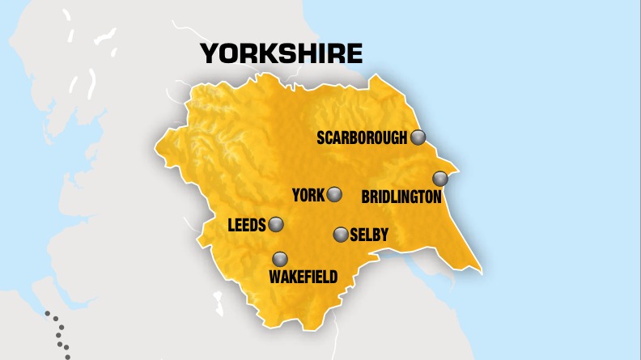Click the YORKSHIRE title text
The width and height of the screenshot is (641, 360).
[281, 53]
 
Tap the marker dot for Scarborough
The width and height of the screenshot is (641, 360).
[418, 137]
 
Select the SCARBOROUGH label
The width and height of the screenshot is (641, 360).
[362, 138]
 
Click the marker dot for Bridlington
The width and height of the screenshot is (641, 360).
[440, 178]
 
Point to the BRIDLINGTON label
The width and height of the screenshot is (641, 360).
[401, 197]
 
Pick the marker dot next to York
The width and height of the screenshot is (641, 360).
[334, 194]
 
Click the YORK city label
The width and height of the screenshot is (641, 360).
[308, 195]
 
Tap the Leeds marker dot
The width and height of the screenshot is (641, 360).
[276, 224]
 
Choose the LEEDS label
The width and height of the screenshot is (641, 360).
[248, 225]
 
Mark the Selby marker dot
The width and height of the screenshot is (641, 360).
[341, 235]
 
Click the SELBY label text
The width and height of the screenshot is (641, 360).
[369, 235]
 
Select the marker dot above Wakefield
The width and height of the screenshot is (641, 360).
[280, 259]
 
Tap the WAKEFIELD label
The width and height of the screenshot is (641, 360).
[303, 277]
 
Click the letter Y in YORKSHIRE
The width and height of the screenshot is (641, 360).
[209, 53]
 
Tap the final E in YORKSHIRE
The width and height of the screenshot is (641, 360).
[354, 53]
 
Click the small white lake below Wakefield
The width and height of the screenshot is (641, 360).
[219, 305]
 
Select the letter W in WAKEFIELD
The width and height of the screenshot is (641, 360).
[275, 277]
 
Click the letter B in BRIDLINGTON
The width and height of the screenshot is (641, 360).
[366, 197]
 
